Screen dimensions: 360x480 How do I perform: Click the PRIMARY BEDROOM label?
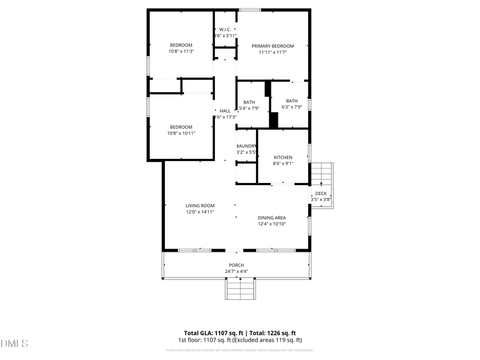tap(273, 46)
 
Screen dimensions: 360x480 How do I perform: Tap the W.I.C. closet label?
tap(225, 29)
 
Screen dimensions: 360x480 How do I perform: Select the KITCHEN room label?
tap(283, 157)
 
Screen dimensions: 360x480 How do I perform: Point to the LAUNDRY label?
tap(247, 146)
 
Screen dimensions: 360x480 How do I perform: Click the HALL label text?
tap(225, 111)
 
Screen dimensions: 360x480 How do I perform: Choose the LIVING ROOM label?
tap(200, 205)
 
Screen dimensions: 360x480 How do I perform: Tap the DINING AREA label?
tap(272, 218)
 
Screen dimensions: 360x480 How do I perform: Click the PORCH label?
tap(236, 265)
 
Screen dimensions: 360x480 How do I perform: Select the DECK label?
tap(321, 194)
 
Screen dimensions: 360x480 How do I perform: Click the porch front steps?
tap(240, 289)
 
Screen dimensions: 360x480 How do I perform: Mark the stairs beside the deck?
tap(322, 174)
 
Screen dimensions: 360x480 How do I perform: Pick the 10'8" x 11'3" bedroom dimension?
tap(181, 52)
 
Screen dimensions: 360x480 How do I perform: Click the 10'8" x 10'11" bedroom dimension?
tap(181, 133)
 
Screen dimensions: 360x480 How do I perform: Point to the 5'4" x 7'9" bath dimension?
tap(249, 108)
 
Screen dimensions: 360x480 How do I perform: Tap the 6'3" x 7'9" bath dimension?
tap(292, 107)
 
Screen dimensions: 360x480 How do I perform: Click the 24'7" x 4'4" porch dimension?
tap(236, 271)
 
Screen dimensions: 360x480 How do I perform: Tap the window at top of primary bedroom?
tap(250, 10)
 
